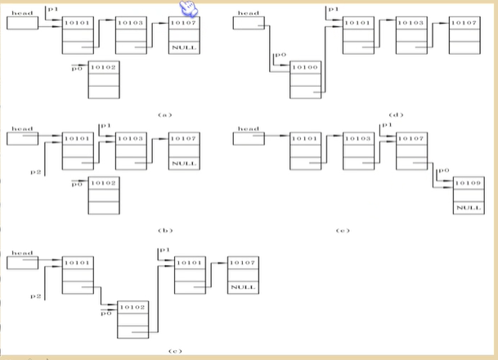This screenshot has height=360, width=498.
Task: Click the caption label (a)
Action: (165, 115)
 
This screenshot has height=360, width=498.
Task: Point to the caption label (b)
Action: (165, 231)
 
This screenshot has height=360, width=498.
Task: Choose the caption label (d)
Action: (397, 115)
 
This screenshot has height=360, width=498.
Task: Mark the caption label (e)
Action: (343, 231)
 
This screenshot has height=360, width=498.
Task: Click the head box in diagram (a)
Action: (22, 23)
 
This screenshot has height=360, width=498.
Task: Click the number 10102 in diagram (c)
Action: (132, 307)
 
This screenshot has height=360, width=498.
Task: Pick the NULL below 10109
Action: (468, 208)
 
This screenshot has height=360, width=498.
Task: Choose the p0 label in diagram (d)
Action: (280, 55)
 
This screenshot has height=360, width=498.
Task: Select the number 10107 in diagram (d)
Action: (463, 23)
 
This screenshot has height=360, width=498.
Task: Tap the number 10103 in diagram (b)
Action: (130, 139)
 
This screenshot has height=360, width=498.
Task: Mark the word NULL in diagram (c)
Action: (240, 287)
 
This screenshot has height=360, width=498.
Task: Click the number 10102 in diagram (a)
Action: (104, 67)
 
